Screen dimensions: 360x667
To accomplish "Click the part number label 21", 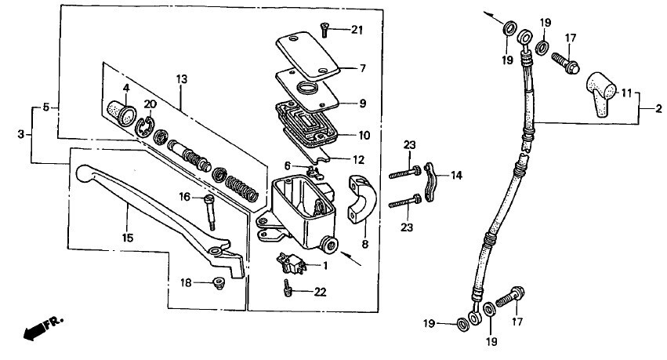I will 357,31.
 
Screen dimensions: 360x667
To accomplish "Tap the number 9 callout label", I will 363,103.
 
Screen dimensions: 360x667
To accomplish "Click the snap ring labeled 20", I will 143,125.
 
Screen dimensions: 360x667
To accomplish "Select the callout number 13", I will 182,79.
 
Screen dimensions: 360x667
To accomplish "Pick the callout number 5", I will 46,107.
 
